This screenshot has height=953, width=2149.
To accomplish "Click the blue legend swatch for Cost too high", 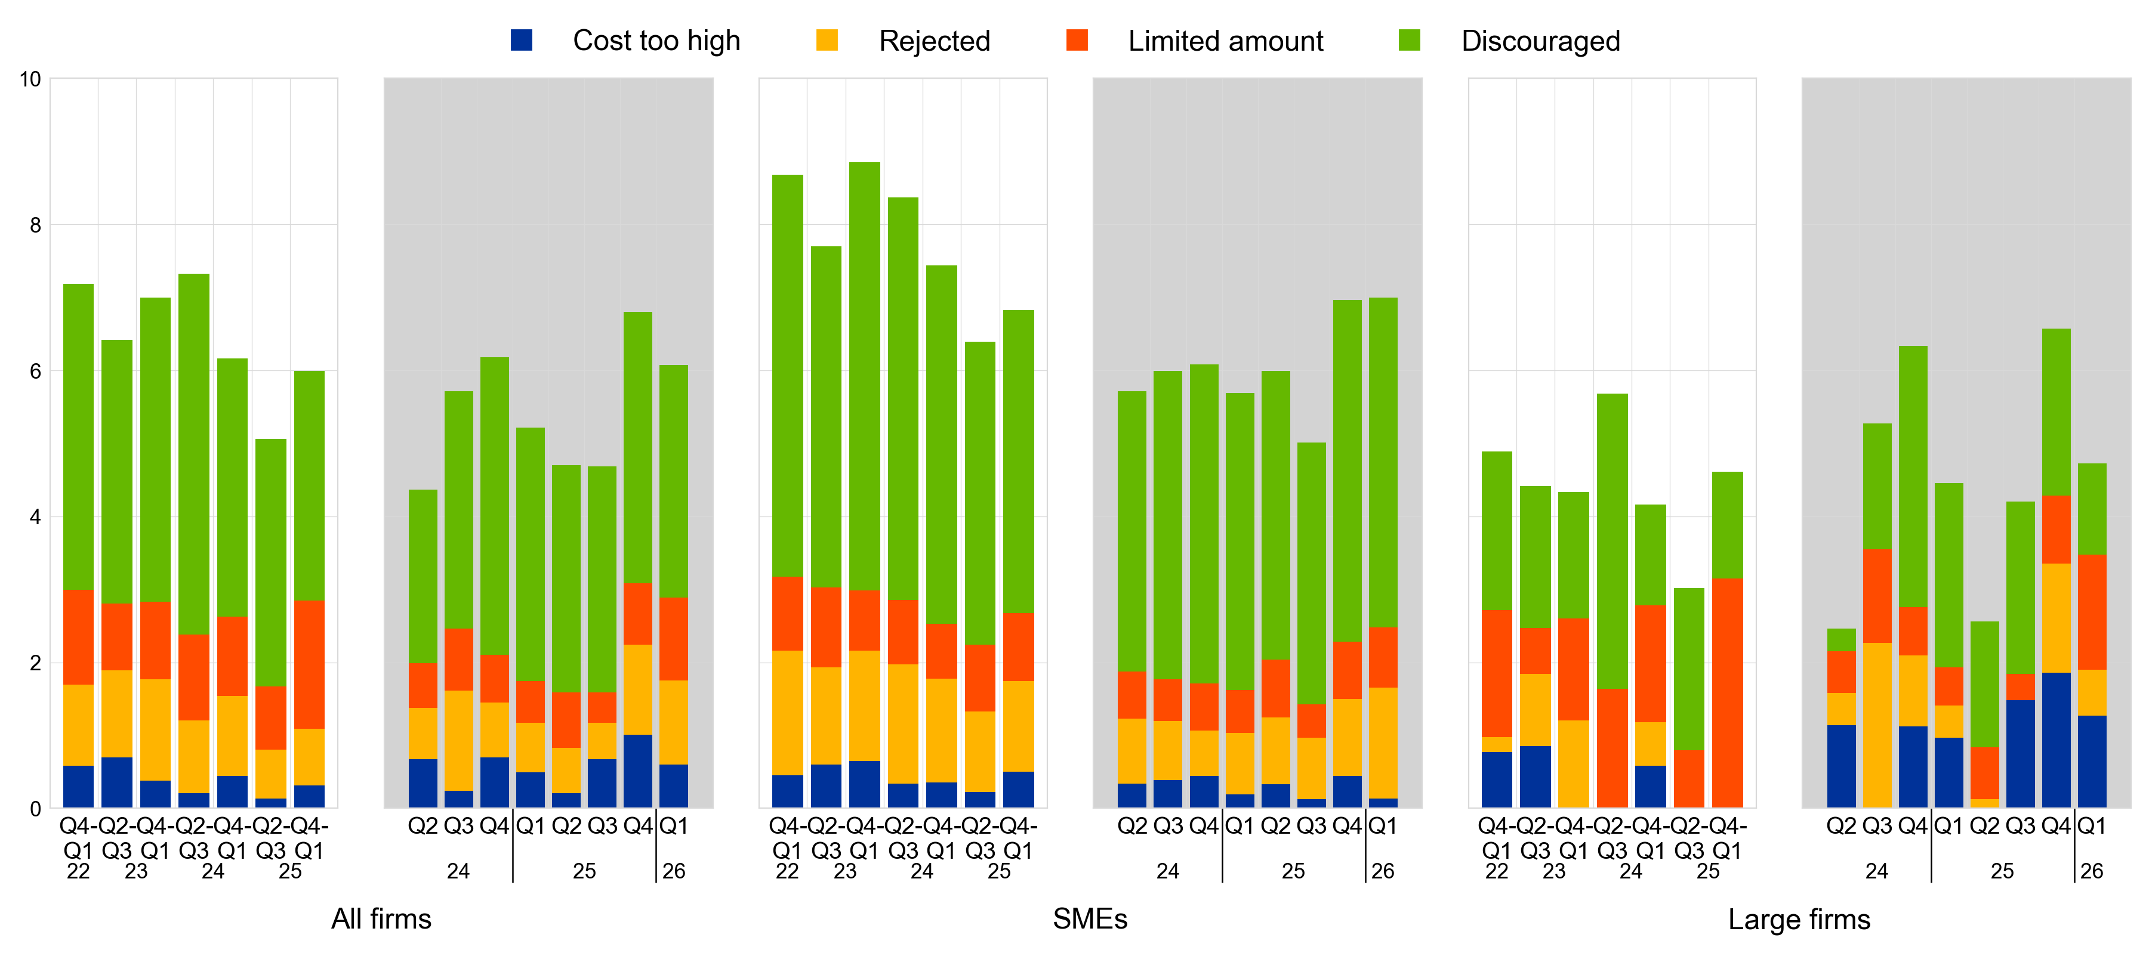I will [522, 40].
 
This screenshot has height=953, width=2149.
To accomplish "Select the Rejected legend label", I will [935, 41].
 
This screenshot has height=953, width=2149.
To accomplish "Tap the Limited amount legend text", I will [1225, 41].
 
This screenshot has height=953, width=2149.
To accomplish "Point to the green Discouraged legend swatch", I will [1409, 40].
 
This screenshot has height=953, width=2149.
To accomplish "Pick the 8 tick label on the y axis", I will [34, 225].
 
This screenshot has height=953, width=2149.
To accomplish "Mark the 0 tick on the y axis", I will [34, 809].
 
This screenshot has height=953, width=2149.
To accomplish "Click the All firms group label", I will [381, 919].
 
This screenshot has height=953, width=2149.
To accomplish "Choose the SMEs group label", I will [1090, 919].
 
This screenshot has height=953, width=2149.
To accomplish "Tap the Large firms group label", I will [1799, 920].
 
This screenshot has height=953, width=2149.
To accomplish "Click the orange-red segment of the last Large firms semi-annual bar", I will [1727, 692].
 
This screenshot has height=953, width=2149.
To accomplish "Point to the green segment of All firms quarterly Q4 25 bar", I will [638, 447].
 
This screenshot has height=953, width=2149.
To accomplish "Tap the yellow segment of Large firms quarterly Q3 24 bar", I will [1877, 725].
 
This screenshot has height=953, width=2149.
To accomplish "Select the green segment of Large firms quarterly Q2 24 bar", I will [1841, 639].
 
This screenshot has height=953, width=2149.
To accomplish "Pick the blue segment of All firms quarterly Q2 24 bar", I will [423, 783].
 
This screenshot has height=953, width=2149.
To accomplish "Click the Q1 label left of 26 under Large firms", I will [2092, 826].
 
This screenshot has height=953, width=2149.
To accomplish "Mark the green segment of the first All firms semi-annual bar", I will [78, 437].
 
